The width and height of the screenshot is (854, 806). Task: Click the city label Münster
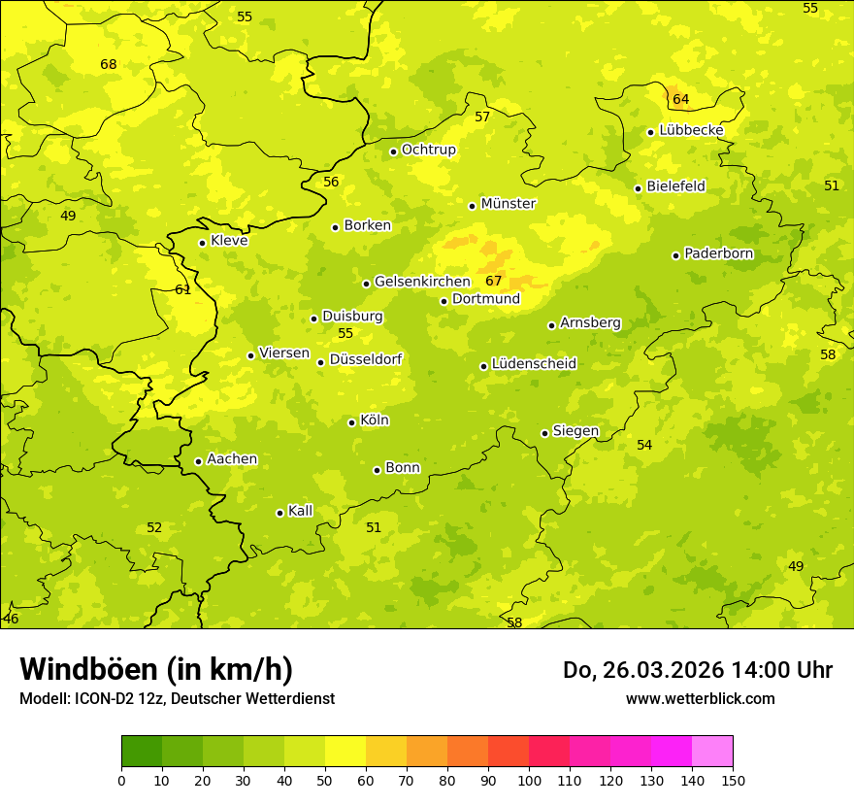[x=508, y=204]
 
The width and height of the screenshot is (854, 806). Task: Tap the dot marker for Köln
[x=351, y=422]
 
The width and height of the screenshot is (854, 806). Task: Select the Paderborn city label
[x=718, y=253]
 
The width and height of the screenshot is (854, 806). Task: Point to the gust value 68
[x=109, y=65]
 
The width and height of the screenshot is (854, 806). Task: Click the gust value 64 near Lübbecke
[x=680, y=99]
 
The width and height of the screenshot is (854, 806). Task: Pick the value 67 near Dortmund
[x=494, y=282]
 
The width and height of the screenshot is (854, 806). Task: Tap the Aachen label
[x=232, y=459]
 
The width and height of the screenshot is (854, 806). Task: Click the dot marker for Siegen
[x=544, y=433]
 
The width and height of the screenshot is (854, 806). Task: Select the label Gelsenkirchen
[x=422, y=282]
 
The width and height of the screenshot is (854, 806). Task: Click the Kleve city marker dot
[x=202, y=243]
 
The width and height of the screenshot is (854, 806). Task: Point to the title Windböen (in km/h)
[x=156, y=669]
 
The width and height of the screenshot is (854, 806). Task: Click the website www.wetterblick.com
[x=700, y=698]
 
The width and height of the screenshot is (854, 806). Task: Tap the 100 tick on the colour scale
[x=529, y=780]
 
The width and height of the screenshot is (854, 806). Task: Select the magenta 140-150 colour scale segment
[x=712, y=752]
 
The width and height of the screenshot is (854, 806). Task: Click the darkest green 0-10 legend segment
[x=142, y=752]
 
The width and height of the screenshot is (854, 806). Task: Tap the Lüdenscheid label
[x=534, y=364]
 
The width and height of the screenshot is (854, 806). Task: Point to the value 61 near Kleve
[x=183, y=289]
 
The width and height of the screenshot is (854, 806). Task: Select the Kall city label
[x=300, y=511]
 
